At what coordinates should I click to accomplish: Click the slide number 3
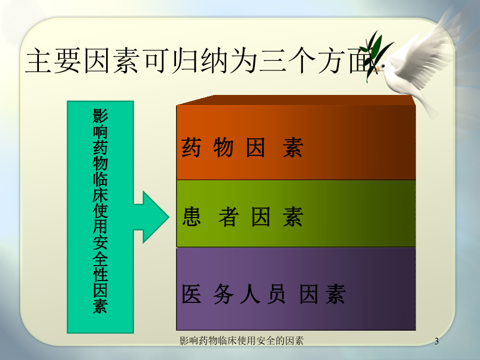436,341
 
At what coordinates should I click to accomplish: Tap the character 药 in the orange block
191,147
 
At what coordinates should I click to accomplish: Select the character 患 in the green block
191,217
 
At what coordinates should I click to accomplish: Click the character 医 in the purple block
191,294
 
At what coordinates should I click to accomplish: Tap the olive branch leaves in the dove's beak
375,54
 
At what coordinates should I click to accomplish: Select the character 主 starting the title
38,60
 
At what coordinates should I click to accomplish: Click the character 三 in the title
273,60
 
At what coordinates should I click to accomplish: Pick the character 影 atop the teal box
100,115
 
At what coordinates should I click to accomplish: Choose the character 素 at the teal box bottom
100,306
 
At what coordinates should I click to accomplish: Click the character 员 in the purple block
276,294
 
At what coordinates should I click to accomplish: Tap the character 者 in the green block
229,217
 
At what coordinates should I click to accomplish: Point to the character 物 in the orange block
223,147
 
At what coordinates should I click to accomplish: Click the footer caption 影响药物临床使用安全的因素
242,341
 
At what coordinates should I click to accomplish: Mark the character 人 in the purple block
250,294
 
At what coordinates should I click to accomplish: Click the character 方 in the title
331,60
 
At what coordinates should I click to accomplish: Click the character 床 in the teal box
100,195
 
